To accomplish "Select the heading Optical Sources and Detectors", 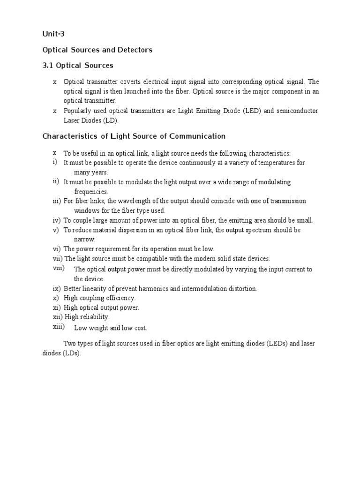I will tap(97, 50).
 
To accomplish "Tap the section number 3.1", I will tap(48, 65).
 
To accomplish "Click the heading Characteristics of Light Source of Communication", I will tap(134, 136).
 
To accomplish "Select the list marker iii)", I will tap(57, 201).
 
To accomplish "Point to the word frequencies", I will tap(91, 192).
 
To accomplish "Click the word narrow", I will tap(84, 240).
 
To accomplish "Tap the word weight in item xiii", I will tap(100, 328).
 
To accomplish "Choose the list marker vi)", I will tap(57, 249).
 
